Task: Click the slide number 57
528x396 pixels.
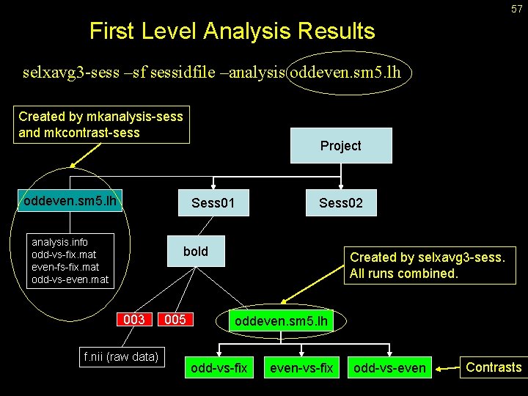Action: pos(516,9)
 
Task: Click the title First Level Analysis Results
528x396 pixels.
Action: pos(232,32)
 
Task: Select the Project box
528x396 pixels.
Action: pos(340,145)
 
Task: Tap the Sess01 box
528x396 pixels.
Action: pos(213,202)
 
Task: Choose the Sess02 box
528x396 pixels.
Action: pos(340,202)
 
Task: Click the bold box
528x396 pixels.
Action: pos(196,252)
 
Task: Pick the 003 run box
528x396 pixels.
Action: pos(134,320)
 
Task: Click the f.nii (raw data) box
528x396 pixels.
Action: pos(121,357)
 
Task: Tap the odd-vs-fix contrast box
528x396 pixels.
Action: pos(219,367)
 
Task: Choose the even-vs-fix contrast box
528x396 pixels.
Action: pos(301,367)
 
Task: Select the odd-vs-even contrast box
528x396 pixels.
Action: pos(389,367)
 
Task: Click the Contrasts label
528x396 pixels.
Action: pos(494,367)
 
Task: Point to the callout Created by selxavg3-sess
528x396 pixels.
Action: pos(427,265)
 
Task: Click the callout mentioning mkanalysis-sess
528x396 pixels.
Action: pos(101,125)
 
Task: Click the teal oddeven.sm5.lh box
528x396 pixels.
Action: pos(70,200)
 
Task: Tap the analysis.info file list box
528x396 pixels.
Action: pos(70,260)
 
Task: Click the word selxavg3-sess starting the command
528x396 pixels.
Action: pos(63,73)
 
